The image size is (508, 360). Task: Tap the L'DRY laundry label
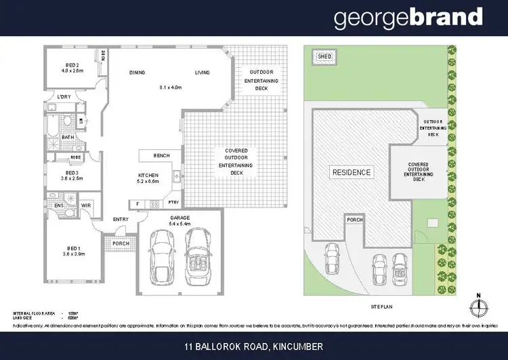pyautogui.click(x=64, y=97)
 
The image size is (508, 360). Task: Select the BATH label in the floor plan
pyautogui.click(x=68, y=137)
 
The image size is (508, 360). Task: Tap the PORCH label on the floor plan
pyautogui.click(x=121, y=243)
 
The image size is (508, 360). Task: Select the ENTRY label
pyautogui.click(x=121, y=219)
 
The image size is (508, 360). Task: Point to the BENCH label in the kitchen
pyautogui.click(x=161, y=156)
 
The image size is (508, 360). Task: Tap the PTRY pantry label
pyautogui.click(x=173, y=203)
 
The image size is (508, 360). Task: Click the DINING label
pyautogui.click(x=137, y=72)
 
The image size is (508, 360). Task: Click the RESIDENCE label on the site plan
pyautogui.click(x=351, y=172)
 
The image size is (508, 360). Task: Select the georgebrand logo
pyautogui.click(x=408, y=18)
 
